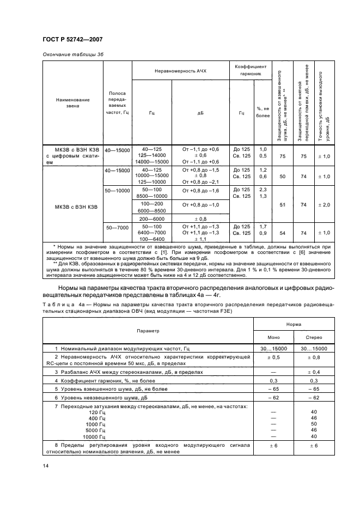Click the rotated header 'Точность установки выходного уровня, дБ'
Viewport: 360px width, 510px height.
[x=326, y=103]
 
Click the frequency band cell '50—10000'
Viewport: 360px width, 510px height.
[x=118, y=191]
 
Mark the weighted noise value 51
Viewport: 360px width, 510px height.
[x=283, y=204]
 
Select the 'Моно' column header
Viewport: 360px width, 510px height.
[x=273, y=337]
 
